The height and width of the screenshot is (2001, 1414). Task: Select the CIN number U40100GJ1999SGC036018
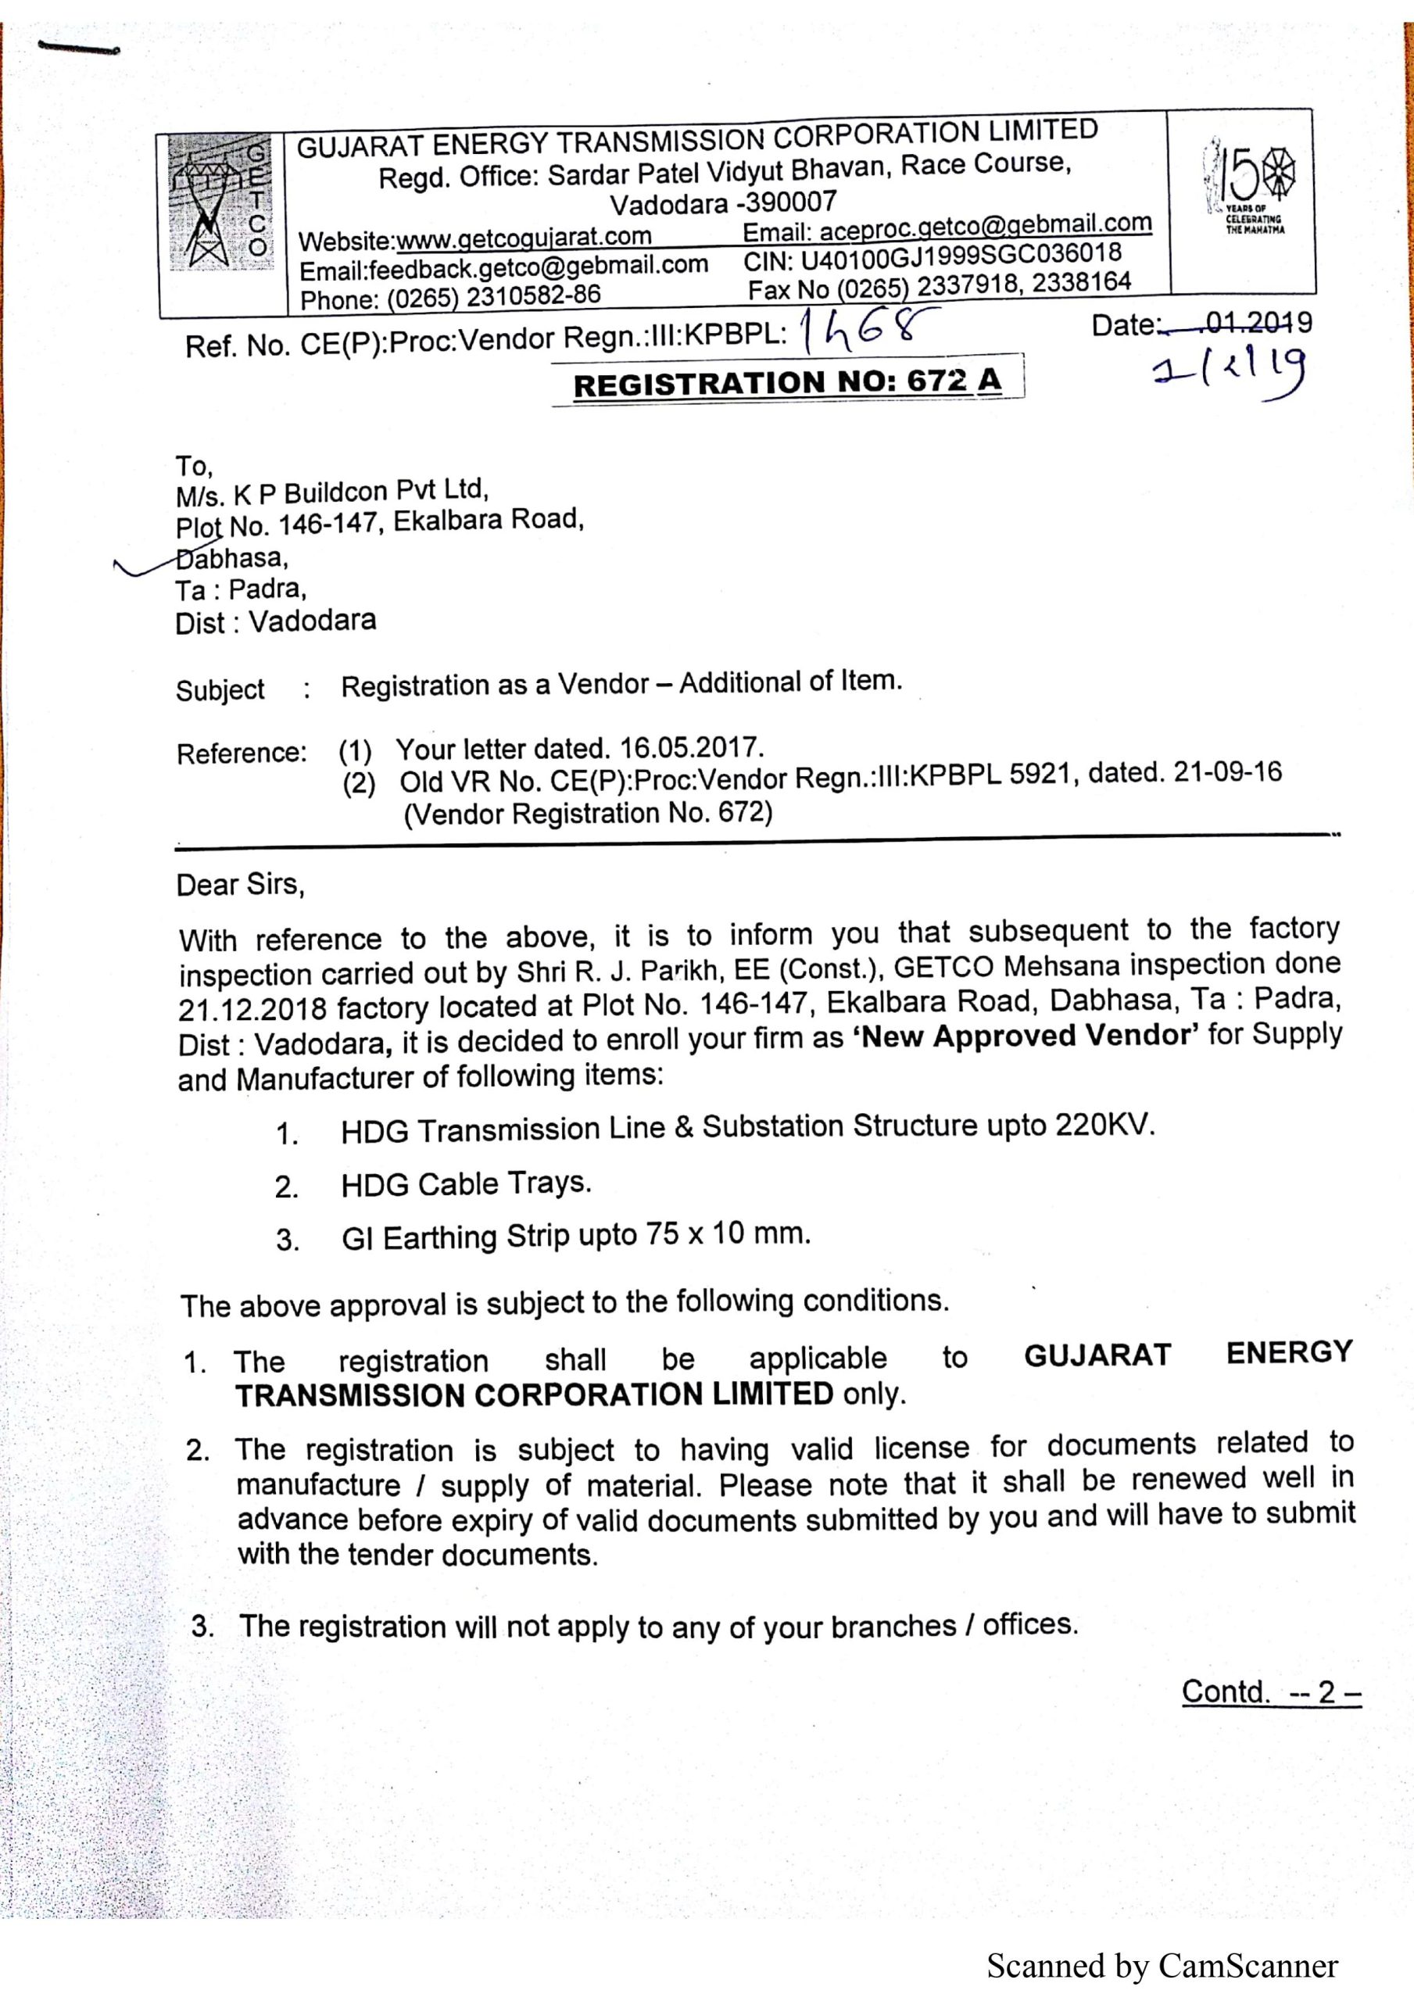(960, 256)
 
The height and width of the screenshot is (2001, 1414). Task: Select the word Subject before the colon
(220, 689)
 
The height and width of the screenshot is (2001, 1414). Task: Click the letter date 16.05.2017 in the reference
(690, 748)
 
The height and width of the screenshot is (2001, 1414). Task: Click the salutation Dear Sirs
(240, 885)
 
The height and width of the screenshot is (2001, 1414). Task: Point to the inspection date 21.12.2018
(252, 1009)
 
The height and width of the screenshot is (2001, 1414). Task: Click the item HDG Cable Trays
(466, 1183)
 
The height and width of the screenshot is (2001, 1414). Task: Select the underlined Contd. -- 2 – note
(1270, 1691)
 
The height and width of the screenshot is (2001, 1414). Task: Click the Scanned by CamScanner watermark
(1162, 1965)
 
